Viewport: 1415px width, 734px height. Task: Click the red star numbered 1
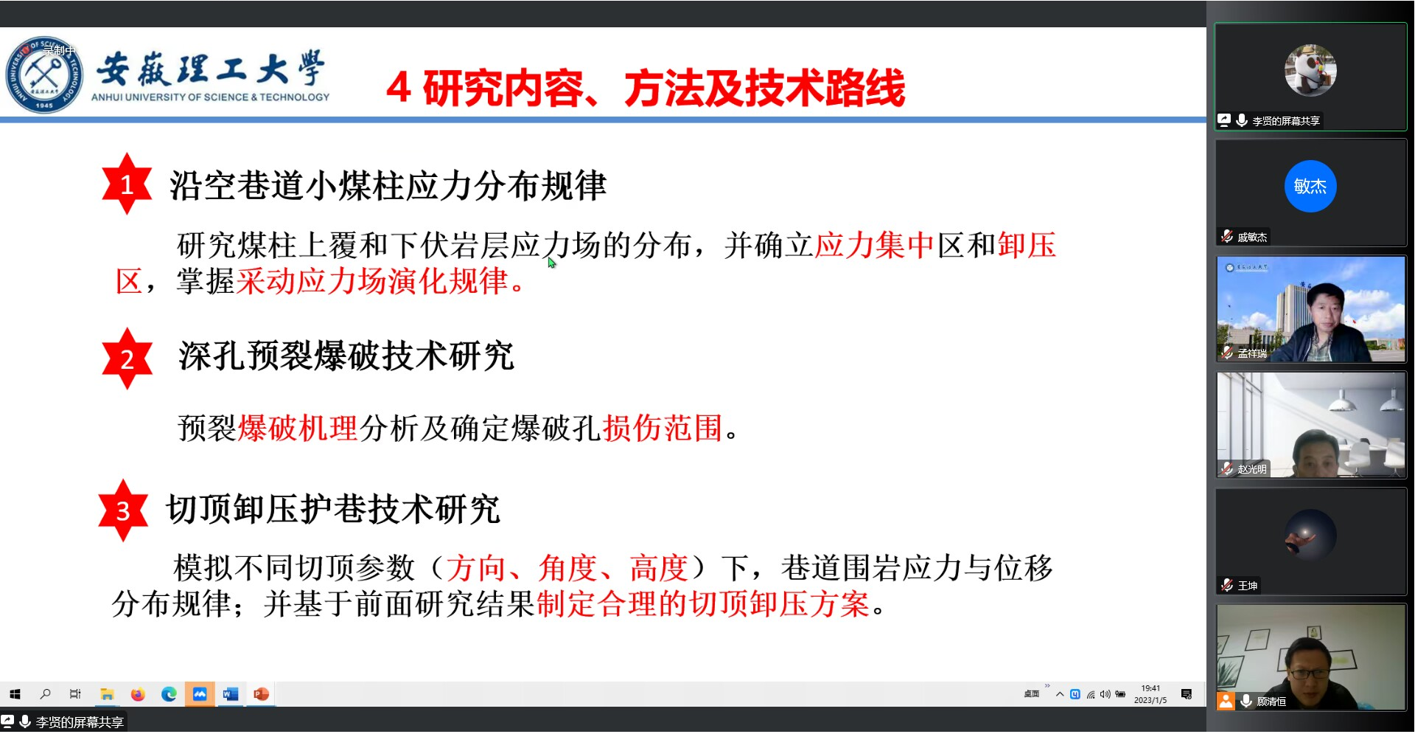point(127,184)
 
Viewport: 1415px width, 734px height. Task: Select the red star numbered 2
point(127,359)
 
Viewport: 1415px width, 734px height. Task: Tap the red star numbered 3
point(123,510)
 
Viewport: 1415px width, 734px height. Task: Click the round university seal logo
point(44,75)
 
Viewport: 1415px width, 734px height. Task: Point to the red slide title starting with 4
point(646,89)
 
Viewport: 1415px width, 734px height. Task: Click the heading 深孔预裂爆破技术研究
point(346,356)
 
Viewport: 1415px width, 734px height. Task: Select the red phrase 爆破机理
point(298,428)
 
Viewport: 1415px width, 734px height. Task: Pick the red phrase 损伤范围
point(663,428)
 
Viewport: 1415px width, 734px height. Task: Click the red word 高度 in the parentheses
point(658,568)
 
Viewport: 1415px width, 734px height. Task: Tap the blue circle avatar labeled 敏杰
point(1310,186)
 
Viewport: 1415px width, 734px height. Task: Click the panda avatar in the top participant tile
point(1310,71)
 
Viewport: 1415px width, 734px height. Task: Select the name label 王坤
point(1248,586)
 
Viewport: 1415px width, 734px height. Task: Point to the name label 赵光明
point(1252,469)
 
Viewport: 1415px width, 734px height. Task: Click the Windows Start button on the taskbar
point(15,694)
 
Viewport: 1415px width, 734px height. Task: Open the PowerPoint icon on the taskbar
point(261,694)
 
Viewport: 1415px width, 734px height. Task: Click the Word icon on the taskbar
point(231,694)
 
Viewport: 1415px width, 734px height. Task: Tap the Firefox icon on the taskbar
point(138,694)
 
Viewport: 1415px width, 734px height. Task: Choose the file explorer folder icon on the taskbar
point(107,694)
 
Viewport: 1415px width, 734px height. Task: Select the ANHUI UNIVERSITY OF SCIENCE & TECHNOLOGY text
point(211,97)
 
